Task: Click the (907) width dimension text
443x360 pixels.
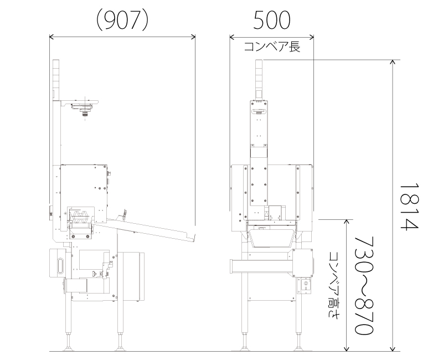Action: tap(122, 20)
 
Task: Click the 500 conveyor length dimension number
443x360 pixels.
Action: tap(271, 20)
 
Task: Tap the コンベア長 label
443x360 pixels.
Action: tap(272, 47)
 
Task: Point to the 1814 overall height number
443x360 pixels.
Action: tap(409, 207)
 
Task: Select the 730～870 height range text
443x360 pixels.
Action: tap(364, 285)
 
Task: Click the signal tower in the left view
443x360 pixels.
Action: tap(56, 79)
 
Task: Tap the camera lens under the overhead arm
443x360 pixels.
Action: tap(85, 114)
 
